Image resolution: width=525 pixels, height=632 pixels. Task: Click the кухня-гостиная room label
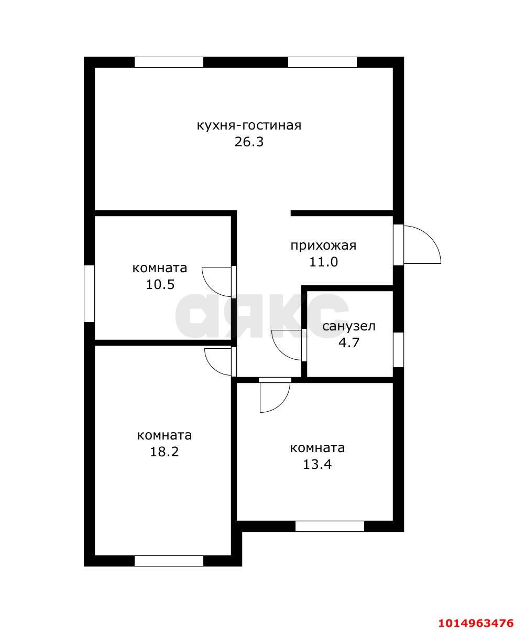(249, 125)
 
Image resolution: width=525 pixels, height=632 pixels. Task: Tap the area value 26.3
(249, 142)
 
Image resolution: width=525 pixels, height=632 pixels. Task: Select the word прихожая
(323, 246)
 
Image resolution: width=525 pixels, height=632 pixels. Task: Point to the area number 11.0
(323, 262)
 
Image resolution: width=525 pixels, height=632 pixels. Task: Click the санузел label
(348, 327)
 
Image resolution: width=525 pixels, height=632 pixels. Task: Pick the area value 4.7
(348, 342)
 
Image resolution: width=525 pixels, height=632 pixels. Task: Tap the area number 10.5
(160, 284)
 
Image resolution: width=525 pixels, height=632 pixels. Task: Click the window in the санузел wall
(398, 350)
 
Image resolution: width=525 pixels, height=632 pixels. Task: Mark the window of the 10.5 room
(89, 294)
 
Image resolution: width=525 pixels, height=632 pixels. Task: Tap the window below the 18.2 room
(169, 561)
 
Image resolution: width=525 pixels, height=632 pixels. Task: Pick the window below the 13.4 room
(330, 527)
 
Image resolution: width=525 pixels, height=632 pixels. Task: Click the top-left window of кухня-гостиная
(169, 62)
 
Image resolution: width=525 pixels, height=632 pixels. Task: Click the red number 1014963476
(476, 620)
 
